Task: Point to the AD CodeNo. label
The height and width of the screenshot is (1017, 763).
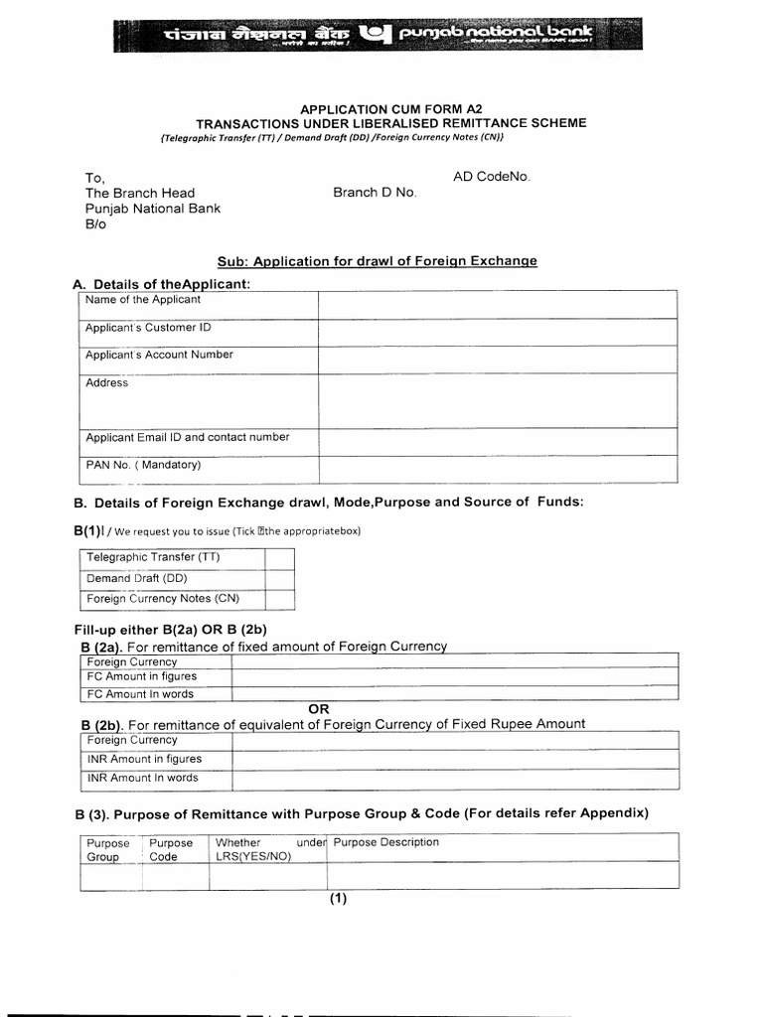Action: [x=492, y=177]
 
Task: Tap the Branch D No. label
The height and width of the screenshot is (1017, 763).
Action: [x=375, y=193]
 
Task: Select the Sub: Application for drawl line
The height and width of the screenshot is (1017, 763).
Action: [x=378, y=261]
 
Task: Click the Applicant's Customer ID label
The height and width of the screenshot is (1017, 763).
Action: [x=148, y=328]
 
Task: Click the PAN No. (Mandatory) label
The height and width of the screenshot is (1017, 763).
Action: [x=143, y=465]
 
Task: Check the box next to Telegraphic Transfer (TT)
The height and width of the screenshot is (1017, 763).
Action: [x=279, y=558]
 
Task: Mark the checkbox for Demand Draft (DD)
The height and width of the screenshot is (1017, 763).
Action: [x=279, y=579]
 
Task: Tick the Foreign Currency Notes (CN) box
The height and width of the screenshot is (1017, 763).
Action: [x=279, y=599]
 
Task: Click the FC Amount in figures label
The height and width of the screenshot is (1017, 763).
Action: [x=142, y=677]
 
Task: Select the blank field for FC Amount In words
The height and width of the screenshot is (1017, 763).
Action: [x=454, y=694]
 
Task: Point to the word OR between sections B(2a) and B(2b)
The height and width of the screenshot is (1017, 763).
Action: [x=319, y=709]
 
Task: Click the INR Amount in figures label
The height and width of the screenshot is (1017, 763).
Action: [x=144, y=759]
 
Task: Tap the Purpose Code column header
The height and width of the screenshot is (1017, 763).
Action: [x=171, y=850]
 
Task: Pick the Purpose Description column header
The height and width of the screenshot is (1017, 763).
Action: [x=385, y=842]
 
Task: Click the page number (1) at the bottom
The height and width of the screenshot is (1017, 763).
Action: [x=339, y=900]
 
